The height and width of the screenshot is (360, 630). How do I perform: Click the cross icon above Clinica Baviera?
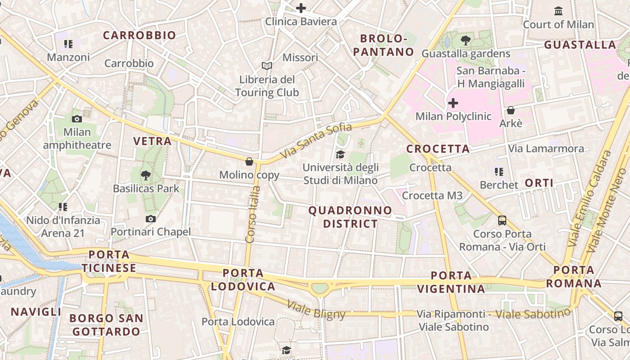[x=301, y=8]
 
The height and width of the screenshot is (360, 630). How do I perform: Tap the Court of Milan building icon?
[x=558, y=11]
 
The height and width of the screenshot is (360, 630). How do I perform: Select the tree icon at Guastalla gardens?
[x=466, y=40]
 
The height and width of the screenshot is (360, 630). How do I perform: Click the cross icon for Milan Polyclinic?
[x=453, y=103]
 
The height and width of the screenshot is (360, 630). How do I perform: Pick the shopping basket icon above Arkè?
[x=511, y=110]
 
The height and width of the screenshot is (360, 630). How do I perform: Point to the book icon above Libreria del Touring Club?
[x=267, y=66]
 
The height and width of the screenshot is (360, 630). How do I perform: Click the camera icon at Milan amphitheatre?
[x=77, y=119]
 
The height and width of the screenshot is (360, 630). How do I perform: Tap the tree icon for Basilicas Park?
[x=145, y=175]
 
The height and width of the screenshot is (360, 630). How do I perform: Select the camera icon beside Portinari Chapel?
[x=151, y=219]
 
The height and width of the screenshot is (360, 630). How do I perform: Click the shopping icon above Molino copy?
[x=249, y=162]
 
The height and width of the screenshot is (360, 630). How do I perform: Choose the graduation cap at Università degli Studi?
[x=340, y=155]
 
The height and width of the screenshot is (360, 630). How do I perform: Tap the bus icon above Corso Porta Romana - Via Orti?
[x=502, y=220]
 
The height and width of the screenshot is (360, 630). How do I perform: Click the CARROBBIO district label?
[x=139, y=36]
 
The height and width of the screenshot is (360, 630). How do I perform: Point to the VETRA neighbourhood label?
[x=152, y=141]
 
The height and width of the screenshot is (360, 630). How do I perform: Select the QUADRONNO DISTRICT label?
[x=350, y=217]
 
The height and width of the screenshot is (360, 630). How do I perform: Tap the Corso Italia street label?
[x=254, y=215]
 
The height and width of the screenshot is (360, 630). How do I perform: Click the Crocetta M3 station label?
[x=432, y=195]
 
